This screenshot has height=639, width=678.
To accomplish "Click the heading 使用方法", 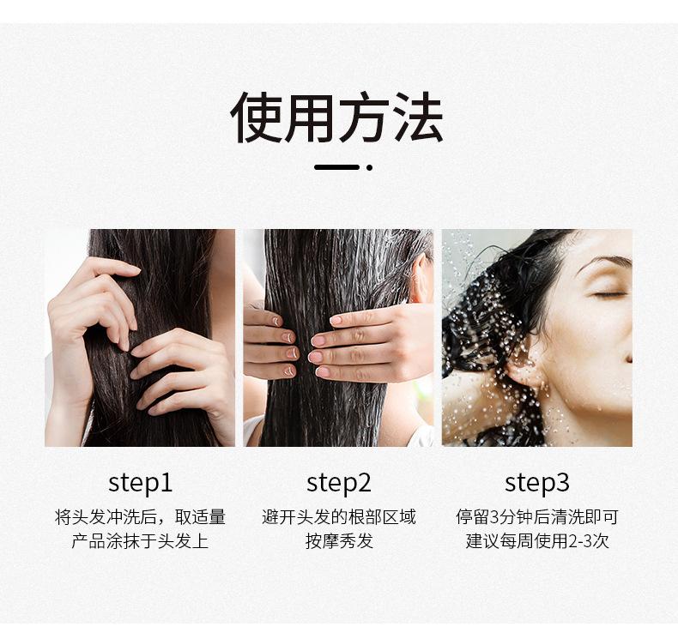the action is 336,117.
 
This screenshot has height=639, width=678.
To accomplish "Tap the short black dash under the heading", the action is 336,167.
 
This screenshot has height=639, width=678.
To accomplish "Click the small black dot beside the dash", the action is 369,167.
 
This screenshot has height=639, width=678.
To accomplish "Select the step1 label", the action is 140,484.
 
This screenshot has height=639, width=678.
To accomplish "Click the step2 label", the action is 338,484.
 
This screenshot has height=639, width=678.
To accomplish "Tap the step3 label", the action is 536,484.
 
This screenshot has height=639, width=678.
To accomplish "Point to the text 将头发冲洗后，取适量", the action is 140,516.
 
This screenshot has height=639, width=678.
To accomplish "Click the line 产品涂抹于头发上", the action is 140,541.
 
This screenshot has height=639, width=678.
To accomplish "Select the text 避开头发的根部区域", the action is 338,516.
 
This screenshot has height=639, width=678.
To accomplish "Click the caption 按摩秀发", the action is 339,541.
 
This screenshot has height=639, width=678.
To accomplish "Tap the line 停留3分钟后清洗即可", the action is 536,516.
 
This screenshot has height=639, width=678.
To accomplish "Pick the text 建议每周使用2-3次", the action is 537,541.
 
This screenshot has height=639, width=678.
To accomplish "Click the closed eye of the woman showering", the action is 609,295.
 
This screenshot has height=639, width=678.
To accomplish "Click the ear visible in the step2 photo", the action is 421,279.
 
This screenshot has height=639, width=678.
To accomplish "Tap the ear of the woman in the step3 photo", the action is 524,364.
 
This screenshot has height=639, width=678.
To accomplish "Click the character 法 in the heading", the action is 418,118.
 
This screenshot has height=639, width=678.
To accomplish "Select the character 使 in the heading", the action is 257,118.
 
